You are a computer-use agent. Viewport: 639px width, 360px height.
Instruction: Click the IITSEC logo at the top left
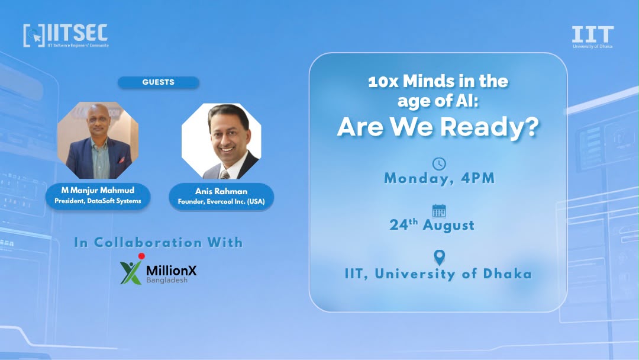coord(66,36)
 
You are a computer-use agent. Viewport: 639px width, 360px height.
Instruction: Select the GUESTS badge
coord(158,82)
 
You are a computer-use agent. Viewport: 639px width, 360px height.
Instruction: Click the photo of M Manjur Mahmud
coord(98,140)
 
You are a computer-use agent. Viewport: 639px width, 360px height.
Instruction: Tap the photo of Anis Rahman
coord(221,141)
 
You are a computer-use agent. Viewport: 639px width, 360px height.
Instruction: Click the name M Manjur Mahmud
coord(98,190)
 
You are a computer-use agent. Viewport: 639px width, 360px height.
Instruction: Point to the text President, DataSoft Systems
coord(98,201)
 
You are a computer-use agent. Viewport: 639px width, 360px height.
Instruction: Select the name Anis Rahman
coord(221,191)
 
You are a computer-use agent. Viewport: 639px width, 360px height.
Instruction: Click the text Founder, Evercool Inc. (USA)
coord(221,201)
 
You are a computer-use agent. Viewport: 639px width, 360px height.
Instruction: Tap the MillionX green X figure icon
coord(131,269)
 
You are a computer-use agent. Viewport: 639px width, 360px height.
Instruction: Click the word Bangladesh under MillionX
coord(167,280)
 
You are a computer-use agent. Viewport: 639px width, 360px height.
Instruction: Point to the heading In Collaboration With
coord(159,242)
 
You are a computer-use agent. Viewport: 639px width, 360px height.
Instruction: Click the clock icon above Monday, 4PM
coord(439,163)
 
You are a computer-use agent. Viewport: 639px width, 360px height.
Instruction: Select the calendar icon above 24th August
coord(439,211)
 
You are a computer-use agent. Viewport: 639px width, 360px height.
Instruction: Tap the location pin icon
coord(439,258)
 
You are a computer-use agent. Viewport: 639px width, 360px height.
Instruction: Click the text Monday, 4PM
coord(439,178)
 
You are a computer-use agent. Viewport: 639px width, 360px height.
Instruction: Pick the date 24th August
coord(432,224)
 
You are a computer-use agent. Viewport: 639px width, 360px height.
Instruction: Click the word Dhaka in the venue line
coord(508,274)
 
